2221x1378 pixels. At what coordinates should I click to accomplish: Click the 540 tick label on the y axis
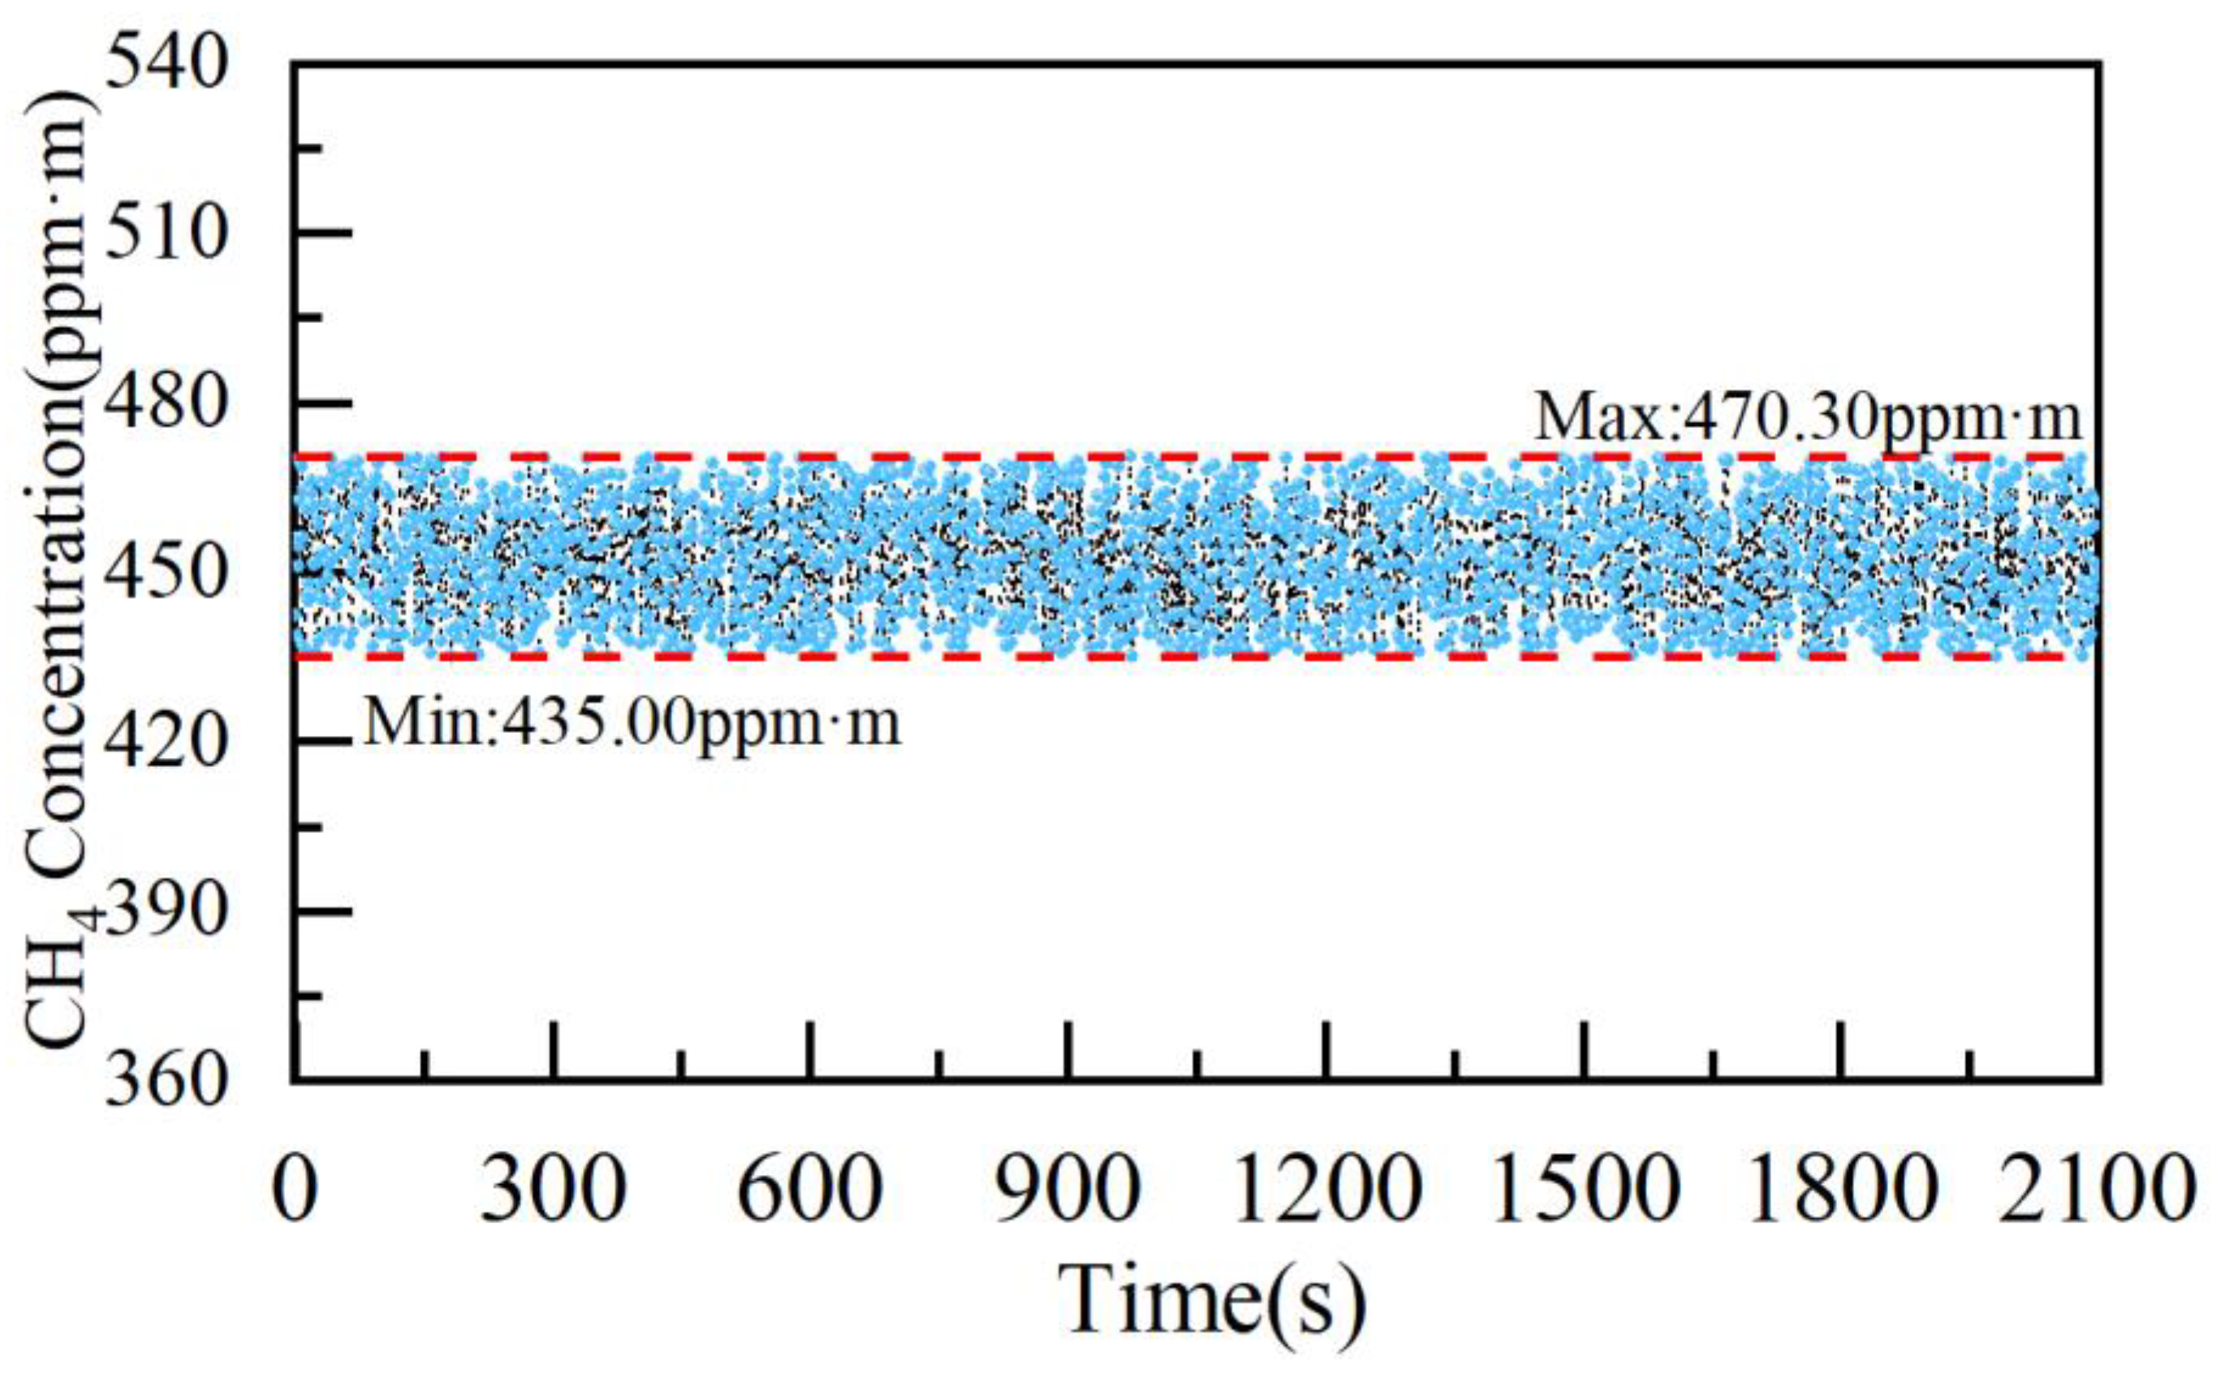point(165,65)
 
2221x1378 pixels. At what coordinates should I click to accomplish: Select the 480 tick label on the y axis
point(165,403)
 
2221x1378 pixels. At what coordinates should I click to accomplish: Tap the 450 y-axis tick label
point(165,575)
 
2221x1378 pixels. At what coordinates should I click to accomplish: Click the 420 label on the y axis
point(165,743)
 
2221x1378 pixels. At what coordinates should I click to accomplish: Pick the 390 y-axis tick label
point(165,911)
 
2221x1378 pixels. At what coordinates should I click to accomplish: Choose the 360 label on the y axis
point(165,1081)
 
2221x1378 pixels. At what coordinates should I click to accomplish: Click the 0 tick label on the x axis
point(295,1190)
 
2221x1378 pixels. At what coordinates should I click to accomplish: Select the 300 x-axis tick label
point(553,1190)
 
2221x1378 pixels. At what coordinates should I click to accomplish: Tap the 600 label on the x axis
point(810,1190)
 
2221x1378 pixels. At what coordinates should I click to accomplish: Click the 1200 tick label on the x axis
point(1327,1190)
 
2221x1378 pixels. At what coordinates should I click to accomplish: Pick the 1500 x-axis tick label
point(1585,1190)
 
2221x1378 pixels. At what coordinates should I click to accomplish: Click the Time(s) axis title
point(1212,1301)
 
